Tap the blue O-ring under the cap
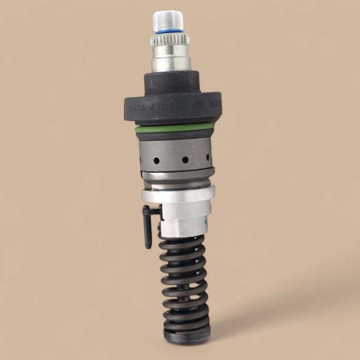pos(169,34)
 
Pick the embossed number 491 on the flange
pos(159,109)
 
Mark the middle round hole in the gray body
pos(184,160)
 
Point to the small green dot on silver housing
pos(205,223)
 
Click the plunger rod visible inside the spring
pos(185,288)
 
